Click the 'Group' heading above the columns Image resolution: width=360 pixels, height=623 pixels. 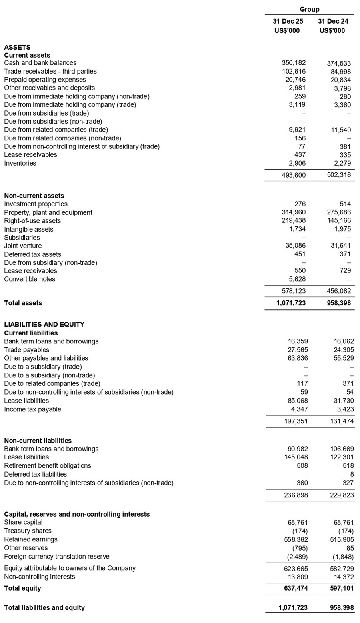[x=310, y=9]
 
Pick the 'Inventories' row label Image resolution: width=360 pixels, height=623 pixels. [x=20, y=163]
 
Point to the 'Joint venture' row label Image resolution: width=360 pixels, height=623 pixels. [x=23, y=246]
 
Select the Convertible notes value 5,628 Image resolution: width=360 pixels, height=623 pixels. [x=297, y=279]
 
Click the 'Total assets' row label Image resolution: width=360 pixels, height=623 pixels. [x=23, y=303]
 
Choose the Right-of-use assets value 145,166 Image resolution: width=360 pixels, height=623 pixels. [x=339, y=221]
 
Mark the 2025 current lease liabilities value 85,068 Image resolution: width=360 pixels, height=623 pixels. [x=296, y=401]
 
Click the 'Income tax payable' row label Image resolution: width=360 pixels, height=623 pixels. [x=32, y=409]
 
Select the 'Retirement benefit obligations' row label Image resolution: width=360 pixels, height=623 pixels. [x=48, y=465]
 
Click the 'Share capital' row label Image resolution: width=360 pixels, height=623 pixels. [x=23, y=522]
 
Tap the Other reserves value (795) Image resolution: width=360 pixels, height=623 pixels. [x=299, y=548]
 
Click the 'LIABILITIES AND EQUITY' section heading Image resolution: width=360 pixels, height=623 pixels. [x=44, y=324]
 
